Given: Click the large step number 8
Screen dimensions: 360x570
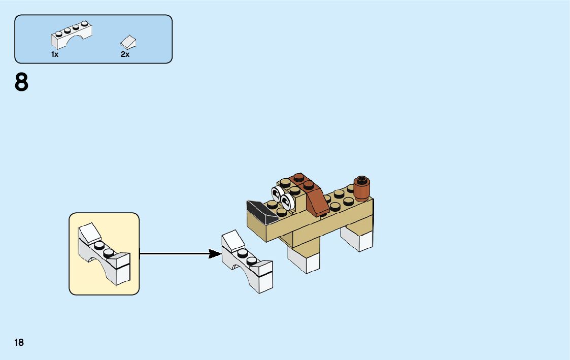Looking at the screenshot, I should [x=21, y=83].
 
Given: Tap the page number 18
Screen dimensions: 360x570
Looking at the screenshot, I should [x=19, y=343].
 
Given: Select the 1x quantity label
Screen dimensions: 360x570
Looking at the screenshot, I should [x=55, y=54].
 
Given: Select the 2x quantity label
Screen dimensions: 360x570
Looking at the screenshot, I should [x=125, y=54].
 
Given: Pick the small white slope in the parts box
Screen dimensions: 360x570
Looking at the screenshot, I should [x=129, y=42].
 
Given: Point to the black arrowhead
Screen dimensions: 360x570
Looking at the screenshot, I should [x=215, y=254].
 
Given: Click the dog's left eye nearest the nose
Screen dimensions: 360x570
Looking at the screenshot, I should [x=277, y=193].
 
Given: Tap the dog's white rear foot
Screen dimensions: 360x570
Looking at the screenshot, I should [x=358, y=238].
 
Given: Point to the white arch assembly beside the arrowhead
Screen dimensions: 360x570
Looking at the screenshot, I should [x=248, y=264].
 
